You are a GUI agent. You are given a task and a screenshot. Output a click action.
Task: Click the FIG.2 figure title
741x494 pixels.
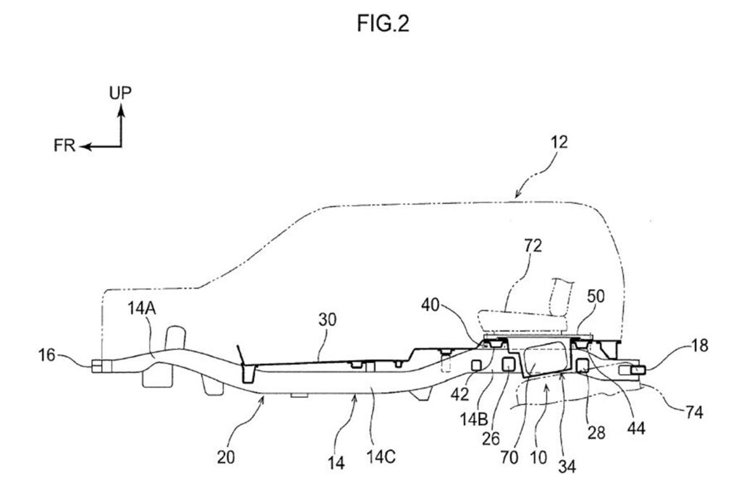coord(383,24)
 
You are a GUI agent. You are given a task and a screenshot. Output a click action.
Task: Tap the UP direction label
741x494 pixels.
coord(121,93)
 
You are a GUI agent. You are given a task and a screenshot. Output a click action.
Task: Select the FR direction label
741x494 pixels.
coord(64,145)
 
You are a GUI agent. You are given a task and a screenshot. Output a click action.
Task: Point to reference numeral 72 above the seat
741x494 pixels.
coord(533,246)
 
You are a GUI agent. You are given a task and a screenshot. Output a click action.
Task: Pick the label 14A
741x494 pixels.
coord(141,308)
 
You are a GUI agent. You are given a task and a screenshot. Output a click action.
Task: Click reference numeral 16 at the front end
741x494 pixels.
coord(47,354)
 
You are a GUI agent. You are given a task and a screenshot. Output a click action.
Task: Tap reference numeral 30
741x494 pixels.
coord(327,320)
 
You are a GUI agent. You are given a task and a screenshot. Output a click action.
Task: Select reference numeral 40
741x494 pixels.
coord(431,305)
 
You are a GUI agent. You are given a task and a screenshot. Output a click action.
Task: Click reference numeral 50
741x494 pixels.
coord(596,296)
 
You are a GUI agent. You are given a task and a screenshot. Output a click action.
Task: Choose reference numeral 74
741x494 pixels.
coord(693,412)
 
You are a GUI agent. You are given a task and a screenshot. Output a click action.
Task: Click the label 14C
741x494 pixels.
coord(381,456)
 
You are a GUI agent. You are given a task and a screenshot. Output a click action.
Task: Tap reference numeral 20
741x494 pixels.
coord(226,456)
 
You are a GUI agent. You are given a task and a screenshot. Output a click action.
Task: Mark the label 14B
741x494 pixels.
coord(473,419)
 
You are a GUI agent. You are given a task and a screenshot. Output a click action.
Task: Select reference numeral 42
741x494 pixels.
coord(460,394)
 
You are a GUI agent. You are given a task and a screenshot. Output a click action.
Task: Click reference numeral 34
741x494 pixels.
coord(567,466)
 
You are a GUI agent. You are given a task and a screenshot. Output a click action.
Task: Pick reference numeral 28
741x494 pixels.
coord(596,432)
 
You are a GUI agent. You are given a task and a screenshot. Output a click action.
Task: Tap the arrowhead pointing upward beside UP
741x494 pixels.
coord(122,111)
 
